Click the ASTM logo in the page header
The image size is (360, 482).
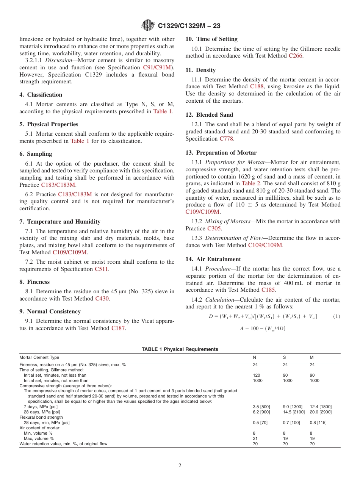[147, 25]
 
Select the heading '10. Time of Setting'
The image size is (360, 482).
[211, 39]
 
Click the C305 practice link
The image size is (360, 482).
[214, 228]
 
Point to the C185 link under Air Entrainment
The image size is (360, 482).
[268, 290]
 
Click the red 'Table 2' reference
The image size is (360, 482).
[250, 183]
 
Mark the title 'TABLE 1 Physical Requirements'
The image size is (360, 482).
[180, 349]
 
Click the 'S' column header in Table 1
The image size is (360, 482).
[285, 357]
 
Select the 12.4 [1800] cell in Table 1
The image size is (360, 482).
[321, 407]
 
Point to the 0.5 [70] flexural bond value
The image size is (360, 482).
[260, 423]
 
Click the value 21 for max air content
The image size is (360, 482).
[255, 438]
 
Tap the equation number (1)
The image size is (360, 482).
[336, 316]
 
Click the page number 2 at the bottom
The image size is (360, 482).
[180, 466]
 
